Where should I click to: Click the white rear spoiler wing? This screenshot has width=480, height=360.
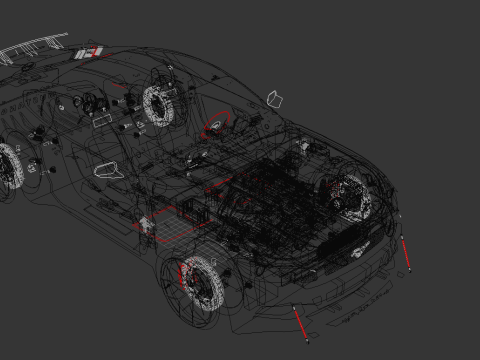coord(35,46)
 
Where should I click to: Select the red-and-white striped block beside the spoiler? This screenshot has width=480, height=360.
coord(91,51)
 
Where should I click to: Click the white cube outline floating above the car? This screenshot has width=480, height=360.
coord(277,98)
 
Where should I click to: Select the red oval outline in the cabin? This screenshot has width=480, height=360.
coord(216,127)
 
